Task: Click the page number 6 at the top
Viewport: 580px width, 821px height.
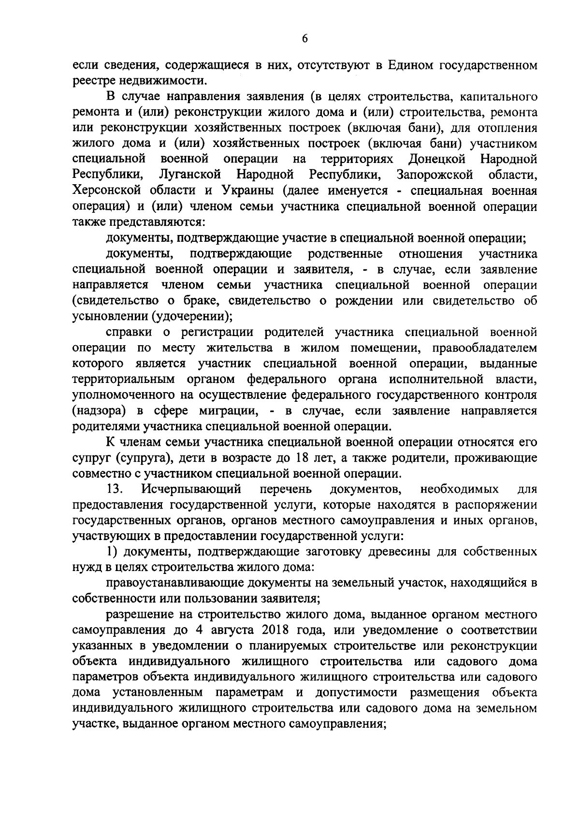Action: (x=304, y=40)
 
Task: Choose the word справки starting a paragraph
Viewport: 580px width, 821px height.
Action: (x=128, y=332)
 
